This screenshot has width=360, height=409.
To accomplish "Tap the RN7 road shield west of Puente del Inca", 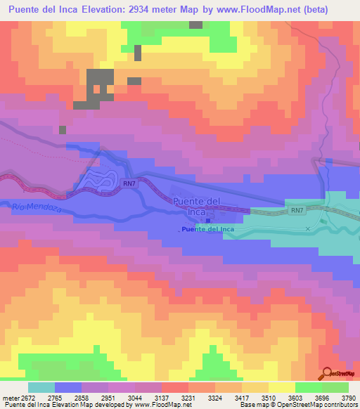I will click(128, 184).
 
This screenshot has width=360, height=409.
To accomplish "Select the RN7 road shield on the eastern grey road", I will click(296, 209).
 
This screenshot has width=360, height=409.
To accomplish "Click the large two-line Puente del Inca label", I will click(197, 207).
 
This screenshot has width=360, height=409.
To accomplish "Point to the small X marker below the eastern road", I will click(307, 229).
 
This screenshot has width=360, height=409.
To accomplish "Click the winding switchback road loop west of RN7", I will click(98, 181).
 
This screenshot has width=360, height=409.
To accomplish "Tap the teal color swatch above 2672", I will click(41, 387).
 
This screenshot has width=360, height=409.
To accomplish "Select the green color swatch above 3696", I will click(309, 387).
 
